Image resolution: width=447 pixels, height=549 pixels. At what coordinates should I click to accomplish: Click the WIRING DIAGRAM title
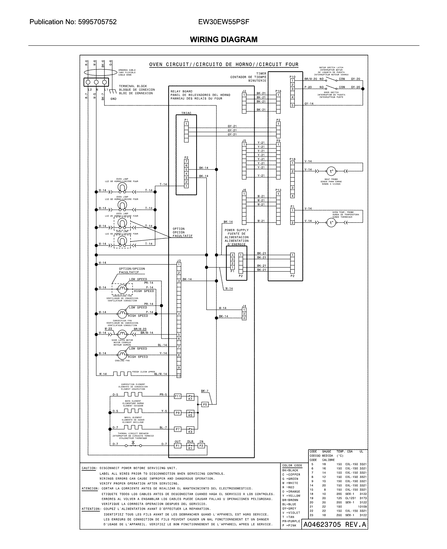pyautogui.click(x=224, y=39)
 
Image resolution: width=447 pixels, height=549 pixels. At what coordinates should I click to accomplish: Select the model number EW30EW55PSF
pyautogui.click(x=224, y=22)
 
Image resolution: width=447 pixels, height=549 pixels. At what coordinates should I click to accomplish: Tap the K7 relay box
pyautogui.click(x=190, y=397)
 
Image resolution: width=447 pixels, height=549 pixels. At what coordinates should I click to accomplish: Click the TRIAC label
pyautogui.click(x=186, y=113)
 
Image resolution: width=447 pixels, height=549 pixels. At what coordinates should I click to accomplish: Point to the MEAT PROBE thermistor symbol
pyautogui.click(x=331, y=171)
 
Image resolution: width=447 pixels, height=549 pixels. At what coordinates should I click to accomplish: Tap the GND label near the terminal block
pyautogui.click(x=113, y=99)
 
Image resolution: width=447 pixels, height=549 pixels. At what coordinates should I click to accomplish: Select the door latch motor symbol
pyautogui.click(x=122, y=334)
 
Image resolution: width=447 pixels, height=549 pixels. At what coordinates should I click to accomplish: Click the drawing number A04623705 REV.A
pyautogui.click(x=334, y=525)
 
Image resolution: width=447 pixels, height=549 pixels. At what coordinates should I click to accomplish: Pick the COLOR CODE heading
pyautogui.click(x=292, y=465)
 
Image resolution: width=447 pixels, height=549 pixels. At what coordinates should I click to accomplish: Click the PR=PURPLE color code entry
pyautogui.click(x=291, y=521)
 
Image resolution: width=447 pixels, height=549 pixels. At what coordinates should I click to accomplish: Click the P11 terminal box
pyautogui.click(x=178, y=396)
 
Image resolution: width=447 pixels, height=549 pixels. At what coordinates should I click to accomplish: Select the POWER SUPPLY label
pyautogui.click(x=236, y=230)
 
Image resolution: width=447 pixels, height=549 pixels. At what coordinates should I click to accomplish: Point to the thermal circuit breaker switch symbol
pyautogui.click(x=133, y=445)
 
